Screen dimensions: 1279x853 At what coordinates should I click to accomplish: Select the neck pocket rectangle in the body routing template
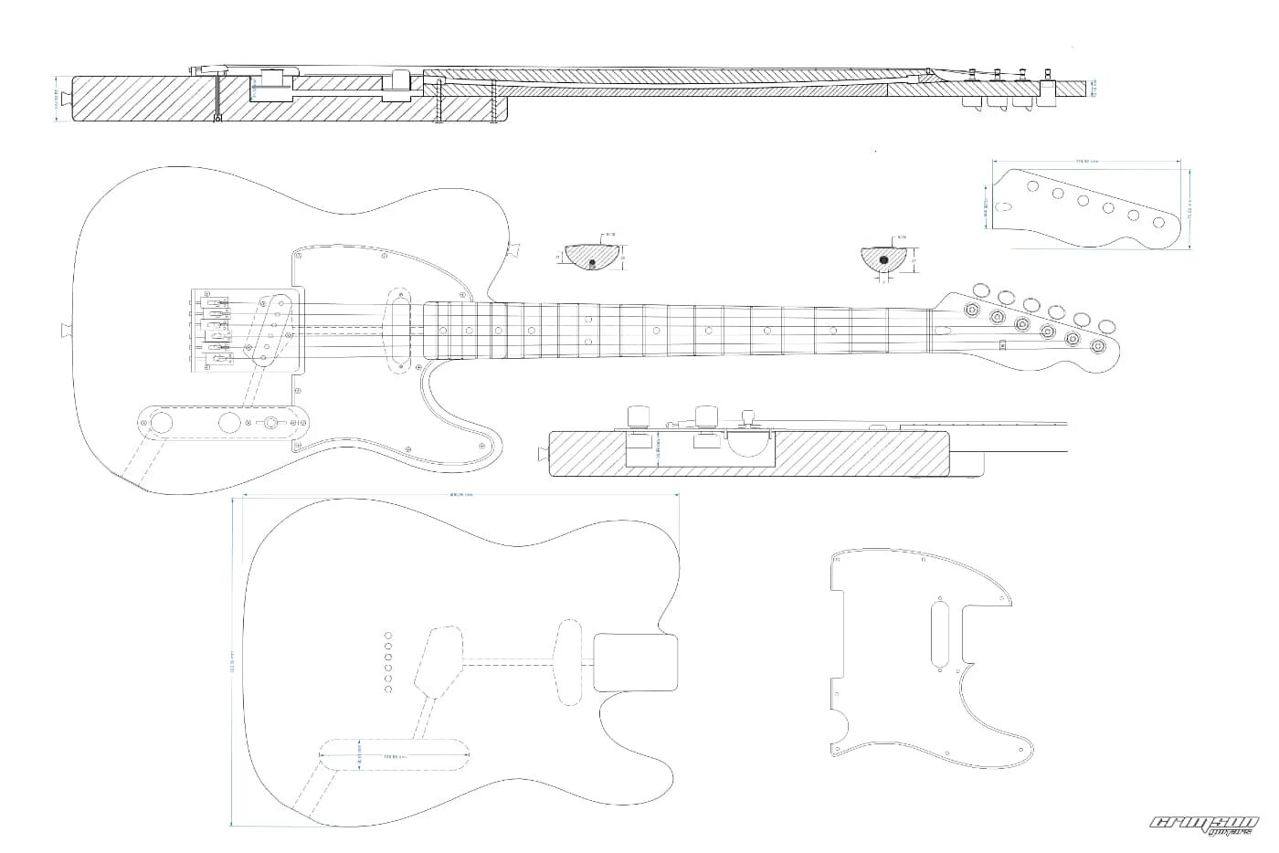[635, 662]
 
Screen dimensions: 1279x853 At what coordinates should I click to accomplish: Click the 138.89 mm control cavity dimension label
[395, 756]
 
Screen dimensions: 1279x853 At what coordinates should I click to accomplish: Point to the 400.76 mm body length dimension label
[460, 495]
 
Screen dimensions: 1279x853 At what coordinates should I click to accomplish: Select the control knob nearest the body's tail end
[162, 422]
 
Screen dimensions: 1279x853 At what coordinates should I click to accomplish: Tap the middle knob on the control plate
[229, 422]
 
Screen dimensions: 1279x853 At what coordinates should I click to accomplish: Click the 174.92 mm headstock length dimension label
[1086, 162]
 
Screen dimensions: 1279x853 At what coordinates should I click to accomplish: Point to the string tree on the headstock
[1002, 344]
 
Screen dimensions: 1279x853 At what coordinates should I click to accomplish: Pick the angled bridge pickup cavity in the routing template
[437, 658]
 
